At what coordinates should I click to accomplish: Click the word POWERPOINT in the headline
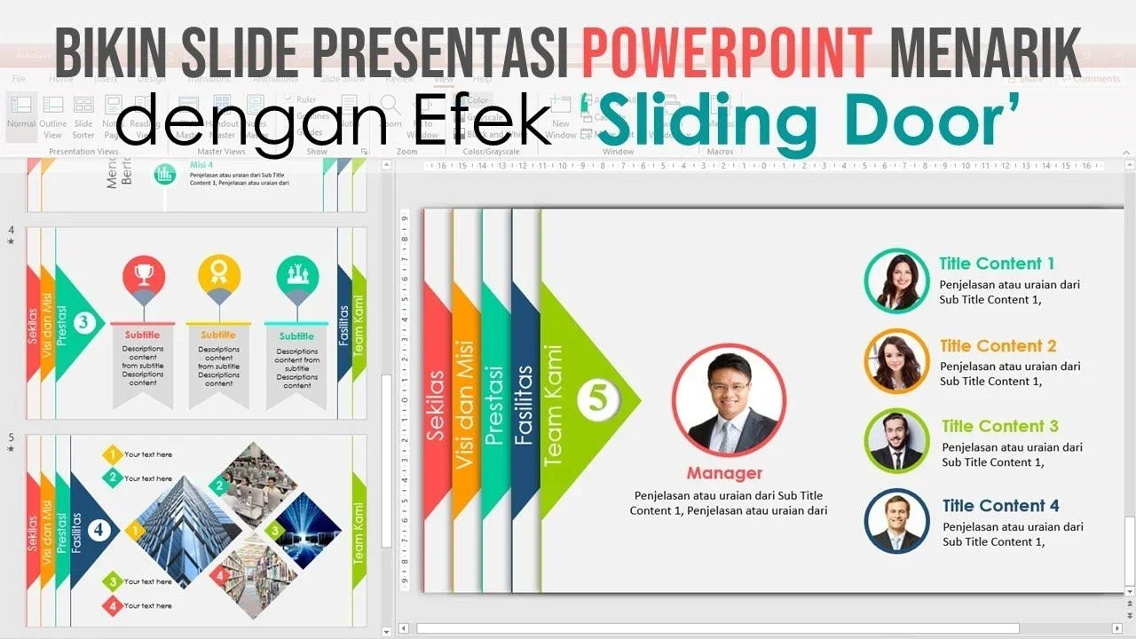[727, 52]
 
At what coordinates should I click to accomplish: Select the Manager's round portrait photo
[729, 400]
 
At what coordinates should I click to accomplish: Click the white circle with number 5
[598, 398]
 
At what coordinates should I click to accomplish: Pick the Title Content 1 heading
[997, 264]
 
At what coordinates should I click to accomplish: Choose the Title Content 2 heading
[998, 346]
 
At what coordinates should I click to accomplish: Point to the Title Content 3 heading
[1000, 427]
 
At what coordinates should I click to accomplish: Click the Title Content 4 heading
[1000, 506]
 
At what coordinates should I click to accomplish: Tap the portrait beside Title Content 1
[896, 280]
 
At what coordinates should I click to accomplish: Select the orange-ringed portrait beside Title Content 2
[896, 361]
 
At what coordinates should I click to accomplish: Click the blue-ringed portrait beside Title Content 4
[896, 521]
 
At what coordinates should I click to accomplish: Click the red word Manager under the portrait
[724, 473]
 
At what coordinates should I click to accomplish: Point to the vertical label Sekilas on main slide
[436, 405]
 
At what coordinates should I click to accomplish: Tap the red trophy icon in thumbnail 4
[143, 274]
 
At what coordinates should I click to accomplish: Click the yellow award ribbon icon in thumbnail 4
[219, 274]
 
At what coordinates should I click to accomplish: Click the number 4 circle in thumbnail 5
[99, 530]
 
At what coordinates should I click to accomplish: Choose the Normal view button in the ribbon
[21, 115]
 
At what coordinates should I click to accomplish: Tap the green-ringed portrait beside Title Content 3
[896, 441]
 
